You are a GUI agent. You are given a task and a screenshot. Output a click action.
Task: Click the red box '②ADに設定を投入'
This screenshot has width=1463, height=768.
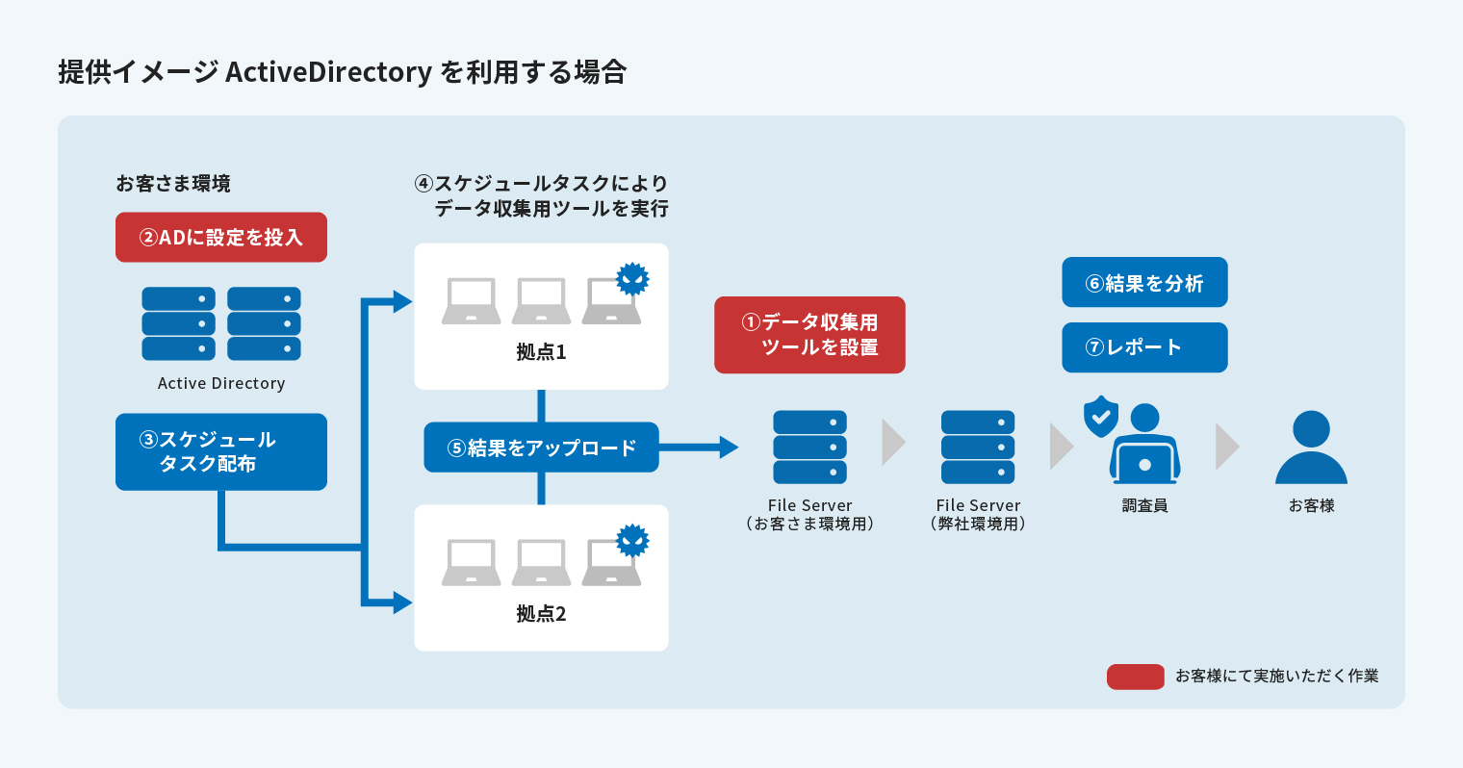[221, 238]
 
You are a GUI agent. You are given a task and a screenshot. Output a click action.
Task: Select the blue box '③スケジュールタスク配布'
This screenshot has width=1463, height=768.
[221, 452]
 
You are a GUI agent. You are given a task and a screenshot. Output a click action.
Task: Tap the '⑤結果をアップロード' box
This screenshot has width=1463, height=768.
[541, 448]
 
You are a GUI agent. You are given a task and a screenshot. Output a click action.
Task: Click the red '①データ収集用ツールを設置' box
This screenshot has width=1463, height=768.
[809, 335]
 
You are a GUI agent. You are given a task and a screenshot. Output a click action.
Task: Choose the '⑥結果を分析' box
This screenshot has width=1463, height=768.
[1144, 283]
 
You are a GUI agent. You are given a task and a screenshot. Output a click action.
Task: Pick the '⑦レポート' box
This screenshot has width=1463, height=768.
[1144, 347]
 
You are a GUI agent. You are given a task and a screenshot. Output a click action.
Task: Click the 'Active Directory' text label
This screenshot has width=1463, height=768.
[221, 383]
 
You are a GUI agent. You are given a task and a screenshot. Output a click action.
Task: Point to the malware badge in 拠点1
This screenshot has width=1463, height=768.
[632, 279]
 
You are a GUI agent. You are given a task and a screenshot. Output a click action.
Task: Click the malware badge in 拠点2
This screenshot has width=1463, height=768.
[632, 541]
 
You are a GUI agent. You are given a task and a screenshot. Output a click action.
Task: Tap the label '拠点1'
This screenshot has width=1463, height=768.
[541, 352]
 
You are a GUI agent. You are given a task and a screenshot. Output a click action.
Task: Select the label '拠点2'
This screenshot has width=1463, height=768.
[541, 614]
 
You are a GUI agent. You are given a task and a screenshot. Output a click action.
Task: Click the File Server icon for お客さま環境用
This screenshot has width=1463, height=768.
[809, 448]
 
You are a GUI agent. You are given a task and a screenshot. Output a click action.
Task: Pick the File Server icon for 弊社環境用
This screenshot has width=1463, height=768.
[978, 448]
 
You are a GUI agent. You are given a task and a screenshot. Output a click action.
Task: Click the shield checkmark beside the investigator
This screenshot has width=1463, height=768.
[1101, 417]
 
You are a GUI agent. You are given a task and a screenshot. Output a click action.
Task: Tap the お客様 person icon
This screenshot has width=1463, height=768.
[1311, 448]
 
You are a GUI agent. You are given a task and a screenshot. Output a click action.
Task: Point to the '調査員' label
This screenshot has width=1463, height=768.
[1144, 505]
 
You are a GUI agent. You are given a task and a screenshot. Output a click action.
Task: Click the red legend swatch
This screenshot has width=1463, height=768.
[1136, 677]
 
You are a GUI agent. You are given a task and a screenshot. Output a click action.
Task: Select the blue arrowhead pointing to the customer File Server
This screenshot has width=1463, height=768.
[729, 448]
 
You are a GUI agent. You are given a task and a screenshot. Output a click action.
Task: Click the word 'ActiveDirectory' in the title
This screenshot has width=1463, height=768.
[328, 72]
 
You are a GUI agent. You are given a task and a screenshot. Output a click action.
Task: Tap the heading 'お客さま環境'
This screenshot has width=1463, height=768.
[173, 184]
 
